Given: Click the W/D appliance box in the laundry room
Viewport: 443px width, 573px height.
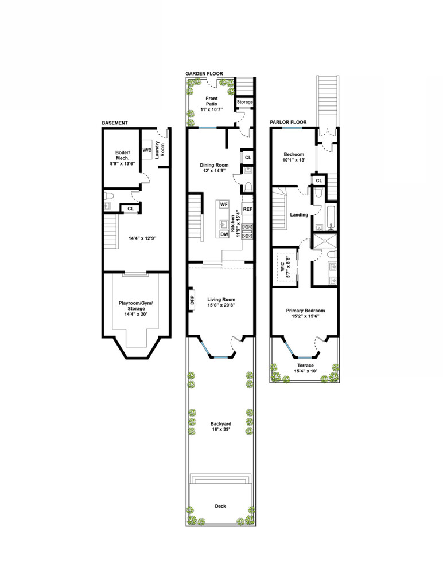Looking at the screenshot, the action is click(147, 150).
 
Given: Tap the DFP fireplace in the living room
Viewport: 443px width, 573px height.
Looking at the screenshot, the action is click(192, 300).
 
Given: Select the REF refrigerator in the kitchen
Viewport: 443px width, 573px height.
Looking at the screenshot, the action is click(247, 209).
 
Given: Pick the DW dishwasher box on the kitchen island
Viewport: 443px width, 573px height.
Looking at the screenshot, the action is click(224, 234).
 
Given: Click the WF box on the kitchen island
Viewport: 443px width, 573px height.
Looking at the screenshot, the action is click(224, 205).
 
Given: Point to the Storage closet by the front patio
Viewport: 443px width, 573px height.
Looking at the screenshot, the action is click(244, 102).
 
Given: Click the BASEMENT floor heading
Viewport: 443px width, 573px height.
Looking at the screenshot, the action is click(115, 123).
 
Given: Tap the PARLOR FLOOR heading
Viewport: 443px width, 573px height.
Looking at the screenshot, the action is click(288, 122).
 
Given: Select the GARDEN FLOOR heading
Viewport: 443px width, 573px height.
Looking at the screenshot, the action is click(204, 73).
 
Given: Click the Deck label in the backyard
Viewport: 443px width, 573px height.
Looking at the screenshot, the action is click(220, 506).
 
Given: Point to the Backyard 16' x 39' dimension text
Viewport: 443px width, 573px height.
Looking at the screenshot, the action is click(221, 429).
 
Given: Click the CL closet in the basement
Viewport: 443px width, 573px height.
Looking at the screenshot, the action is click(131, 209).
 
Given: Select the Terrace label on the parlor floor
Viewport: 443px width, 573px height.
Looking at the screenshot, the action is click(305, 366).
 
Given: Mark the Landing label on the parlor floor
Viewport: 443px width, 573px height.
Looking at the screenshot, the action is click(299, 215).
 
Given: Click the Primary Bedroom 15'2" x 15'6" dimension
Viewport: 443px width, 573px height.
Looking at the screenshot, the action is click(305, 316).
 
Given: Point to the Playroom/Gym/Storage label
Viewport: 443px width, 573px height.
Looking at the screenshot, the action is click(136, 306).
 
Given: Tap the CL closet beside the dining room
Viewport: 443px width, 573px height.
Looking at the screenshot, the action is click(248, 158).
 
